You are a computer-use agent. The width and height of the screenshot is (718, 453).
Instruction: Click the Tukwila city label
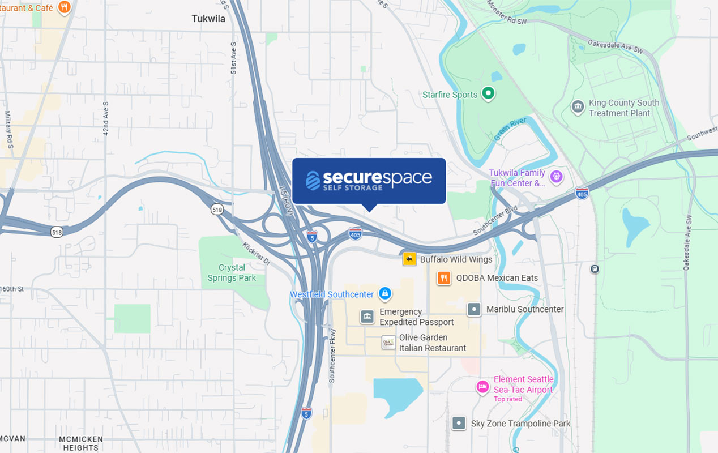tap(208, 19)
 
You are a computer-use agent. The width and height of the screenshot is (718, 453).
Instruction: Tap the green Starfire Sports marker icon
tap(488, 93)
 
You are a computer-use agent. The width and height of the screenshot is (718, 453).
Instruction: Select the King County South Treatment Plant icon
tap(578, 107)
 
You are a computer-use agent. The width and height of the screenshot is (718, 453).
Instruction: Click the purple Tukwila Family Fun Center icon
tap(556, 177)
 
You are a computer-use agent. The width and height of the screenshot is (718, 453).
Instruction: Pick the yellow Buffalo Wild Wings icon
tap(409, 259)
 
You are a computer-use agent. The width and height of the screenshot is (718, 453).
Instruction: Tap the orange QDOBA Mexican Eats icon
tap(444, 278)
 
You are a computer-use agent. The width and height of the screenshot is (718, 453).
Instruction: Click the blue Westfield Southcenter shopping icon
tap(385, 293)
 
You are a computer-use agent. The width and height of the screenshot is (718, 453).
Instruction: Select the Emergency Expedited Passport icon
tap(367, 317)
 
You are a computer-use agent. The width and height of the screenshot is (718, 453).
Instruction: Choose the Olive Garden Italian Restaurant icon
tap(388, 343)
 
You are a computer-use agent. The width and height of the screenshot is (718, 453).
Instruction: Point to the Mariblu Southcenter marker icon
tap(474, 309)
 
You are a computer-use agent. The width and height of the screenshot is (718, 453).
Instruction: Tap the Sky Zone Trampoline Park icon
tap(459, 423)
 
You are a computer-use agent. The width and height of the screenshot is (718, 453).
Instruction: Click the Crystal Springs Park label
tap(232, 272)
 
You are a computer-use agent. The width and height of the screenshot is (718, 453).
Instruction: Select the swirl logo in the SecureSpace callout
tap(313, 180)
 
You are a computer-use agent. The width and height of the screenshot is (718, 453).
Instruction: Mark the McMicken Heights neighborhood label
tap(81, 443)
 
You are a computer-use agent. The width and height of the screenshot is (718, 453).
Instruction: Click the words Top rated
tap(508, 399)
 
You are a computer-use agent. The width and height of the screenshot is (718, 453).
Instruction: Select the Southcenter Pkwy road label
tap(332, 355)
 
